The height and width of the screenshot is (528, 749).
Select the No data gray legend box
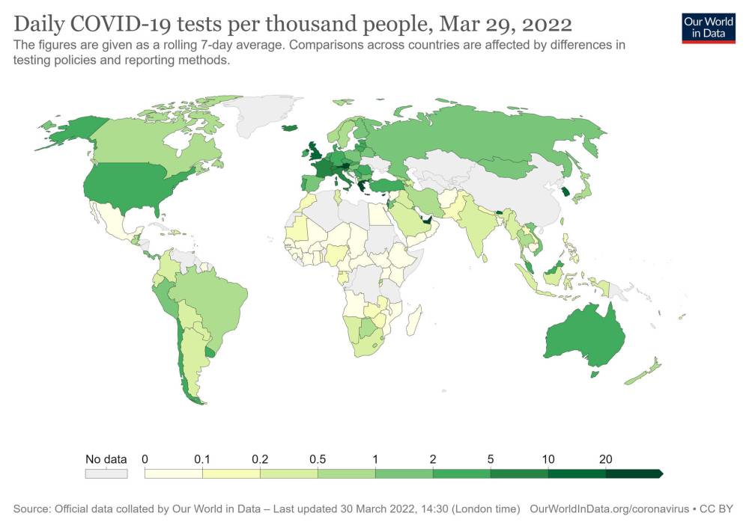pyautogui.click(x=106, y=473)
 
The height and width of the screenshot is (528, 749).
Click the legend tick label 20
pyautogui.click(x=606, y=459)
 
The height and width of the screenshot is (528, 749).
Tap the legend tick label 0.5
pyautogui.click(x=318, y=459)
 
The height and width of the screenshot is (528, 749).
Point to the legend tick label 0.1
pyautogui.click(x=202, y=459)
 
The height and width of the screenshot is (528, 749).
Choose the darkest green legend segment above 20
pyautogui.click(x=634, y=473)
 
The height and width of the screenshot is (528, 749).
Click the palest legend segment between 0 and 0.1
pyautogui.click(x=173, y=473)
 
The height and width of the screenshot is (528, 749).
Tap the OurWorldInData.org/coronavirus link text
pyautogui.click(x=609, y=509)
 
